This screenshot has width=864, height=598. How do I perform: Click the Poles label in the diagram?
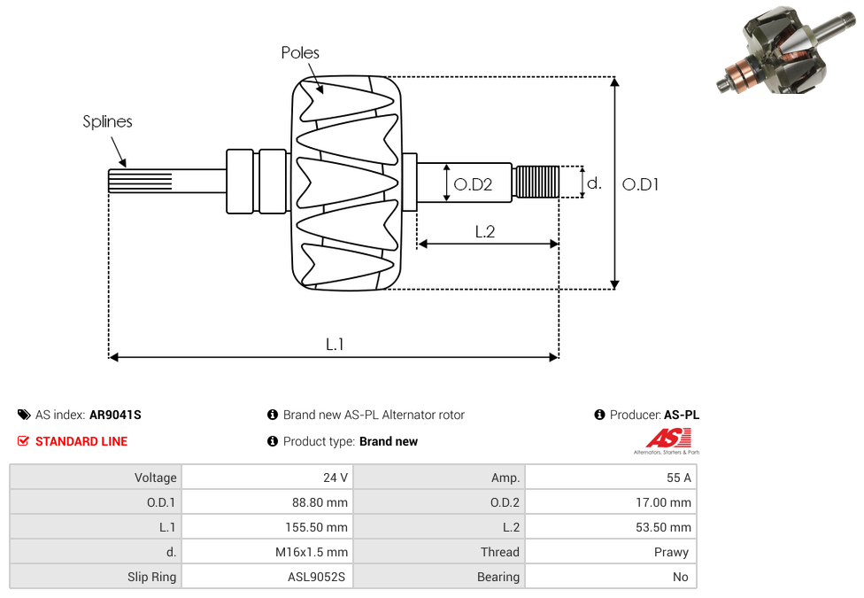[x=300, y=53]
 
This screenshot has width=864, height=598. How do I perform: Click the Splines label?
[x=107, y=122]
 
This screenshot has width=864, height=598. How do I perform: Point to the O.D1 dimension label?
[x=640, y=184]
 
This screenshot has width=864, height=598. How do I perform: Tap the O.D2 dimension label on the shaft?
[x=472, y=184]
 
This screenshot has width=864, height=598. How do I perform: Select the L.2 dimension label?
[x=484, y=231]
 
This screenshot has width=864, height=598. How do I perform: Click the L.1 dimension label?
[x=334, y=345]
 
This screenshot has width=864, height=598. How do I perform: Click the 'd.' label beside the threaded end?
[x=594, y=183]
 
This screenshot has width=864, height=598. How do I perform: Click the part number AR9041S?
[x=115, y=415]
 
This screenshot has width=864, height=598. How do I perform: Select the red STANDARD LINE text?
[x=81, y=441]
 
